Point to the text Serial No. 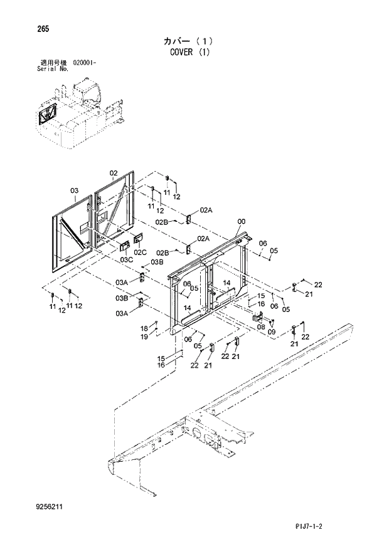point(53,70)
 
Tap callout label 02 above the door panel point(114,173)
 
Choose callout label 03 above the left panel point(73,190)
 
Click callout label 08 point(261,326)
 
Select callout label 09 point(272,332)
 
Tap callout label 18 point(144,328)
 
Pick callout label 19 point(144,336)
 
